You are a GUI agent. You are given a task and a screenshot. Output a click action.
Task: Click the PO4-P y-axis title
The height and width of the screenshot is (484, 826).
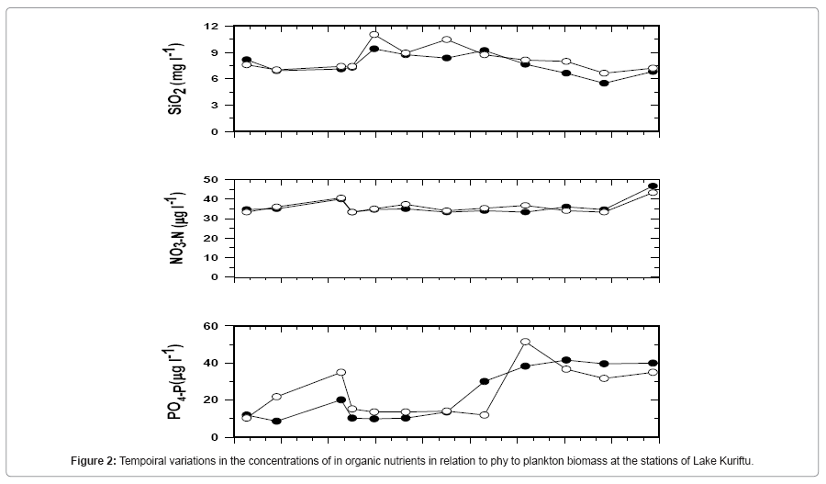[175, 382]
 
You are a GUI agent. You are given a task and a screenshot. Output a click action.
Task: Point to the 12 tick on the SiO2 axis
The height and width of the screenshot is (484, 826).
[213, 27]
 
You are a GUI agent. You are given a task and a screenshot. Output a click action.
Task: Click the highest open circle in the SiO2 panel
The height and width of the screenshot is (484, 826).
[374, 35]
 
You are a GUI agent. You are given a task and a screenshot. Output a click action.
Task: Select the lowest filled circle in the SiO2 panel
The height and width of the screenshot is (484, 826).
[604, 84]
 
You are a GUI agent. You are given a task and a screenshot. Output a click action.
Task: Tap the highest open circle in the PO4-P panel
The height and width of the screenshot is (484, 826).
[525, 342]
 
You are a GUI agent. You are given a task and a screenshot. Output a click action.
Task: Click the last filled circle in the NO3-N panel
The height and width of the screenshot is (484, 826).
[653, 186]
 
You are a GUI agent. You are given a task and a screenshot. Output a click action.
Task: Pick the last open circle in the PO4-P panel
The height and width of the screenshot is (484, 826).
[653, 372]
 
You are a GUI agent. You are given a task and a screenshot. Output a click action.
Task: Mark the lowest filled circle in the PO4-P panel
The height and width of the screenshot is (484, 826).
[276, 422]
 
